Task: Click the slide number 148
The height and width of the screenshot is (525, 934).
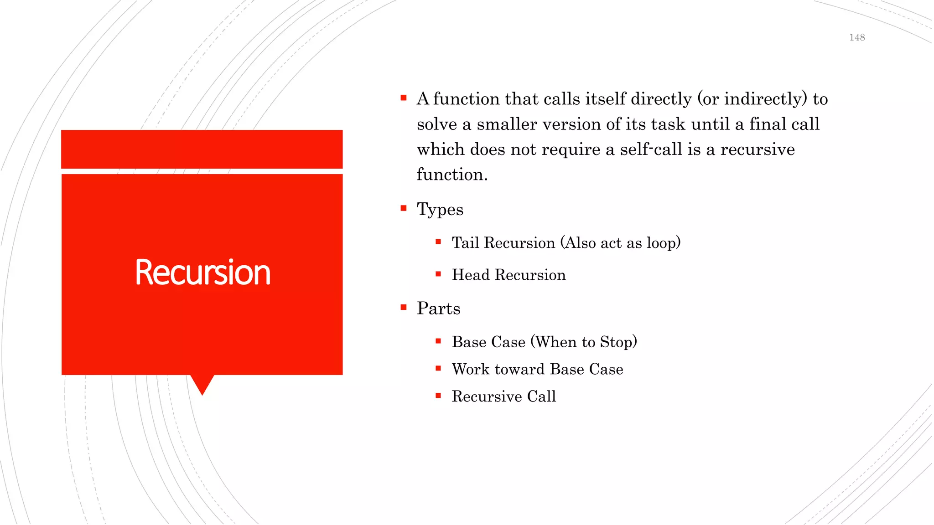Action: pyautogui.click(x=857, y=38)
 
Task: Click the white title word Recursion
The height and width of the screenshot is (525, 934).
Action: pyautogui.click(x=202, y=273)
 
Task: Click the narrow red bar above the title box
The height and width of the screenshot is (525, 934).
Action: pyautogui.click(x=202, y=149)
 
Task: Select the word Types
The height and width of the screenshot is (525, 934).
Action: pyautogui.click(x=440, y=210)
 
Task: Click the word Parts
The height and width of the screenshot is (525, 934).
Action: pyautogui.click(x=438, y=309)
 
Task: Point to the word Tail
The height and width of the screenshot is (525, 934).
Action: pyautogui.click(x=465, y=243)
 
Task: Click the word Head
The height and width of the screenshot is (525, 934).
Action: pyautogui.click(x=470, y=275)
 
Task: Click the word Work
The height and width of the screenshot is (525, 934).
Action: pyautogui.click(x=471, y=369)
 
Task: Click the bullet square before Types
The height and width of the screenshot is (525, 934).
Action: pyautogui.click(x=403, y=208)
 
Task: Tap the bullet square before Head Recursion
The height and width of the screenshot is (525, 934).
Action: pyautogui.click(x=438, y=274)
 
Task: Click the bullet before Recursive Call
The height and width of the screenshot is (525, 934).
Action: pyautogui.click(x=438, y=396)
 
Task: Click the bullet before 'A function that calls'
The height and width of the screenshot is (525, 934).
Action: pyautogui.click(x=403, y=98)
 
